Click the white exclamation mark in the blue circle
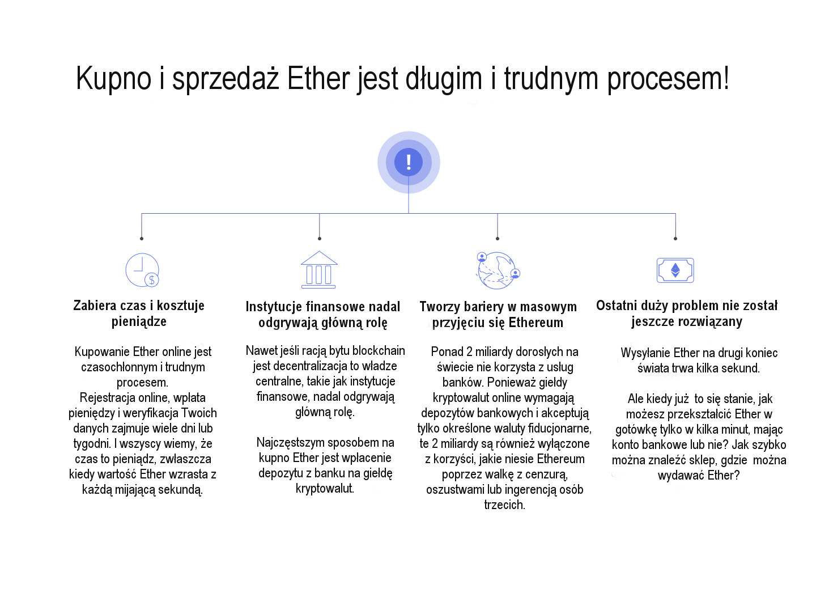click(409, 162)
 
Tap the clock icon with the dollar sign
click(142, 270)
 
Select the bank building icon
click(318, 270)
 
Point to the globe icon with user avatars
click(498, 270)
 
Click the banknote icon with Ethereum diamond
click(675, 270)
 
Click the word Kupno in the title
click(113, 78)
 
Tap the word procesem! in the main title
click(668, 79)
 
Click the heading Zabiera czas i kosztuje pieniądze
click(139, 313)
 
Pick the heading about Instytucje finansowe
click(323, 315)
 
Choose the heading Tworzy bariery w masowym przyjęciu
click(498, 315)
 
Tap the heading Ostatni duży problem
click(687, 313)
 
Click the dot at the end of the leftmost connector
click(142, 239)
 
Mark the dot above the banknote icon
click(675, 239)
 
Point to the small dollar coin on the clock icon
click(151, 280)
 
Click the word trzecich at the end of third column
click(504, 505)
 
